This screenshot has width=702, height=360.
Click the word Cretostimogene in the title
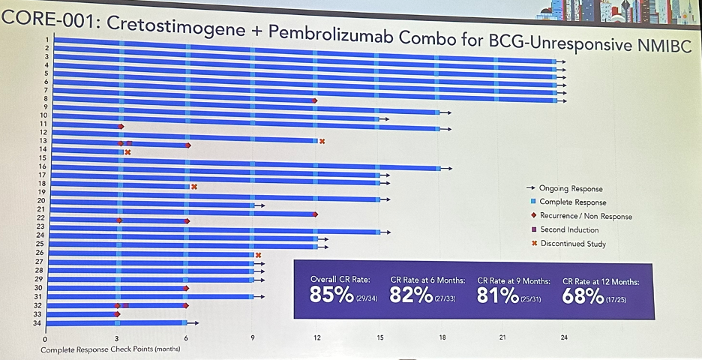[175, 27]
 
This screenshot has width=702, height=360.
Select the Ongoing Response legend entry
[564, 188]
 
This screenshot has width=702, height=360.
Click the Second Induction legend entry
[565, 229]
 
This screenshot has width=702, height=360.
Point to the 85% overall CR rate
[331, 295]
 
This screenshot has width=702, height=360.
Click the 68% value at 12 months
[583, 296]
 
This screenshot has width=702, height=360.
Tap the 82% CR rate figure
[411, 295]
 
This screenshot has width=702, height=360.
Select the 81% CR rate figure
[497, 295]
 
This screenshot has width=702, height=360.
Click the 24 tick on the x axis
[564, 337]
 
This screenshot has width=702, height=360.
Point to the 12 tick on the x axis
[317, 337]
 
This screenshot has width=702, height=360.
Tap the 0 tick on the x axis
[45, 340]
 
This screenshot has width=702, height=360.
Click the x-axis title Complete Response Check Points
[110, 349]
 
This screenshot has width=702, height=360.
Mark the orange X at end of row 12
[322, 142]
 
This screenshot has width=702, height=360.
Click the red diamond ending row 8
[315, 100]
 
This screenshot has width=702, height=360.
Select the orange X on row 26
[258, 255]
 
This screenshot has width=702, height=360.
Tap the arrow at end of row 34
[193, 322]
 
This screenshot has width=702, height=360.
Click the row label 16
[43, 166]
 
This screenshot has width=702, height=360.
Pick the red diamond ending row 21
[315, 214]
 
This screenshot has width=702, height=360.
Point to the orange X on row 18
[193, 187]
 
